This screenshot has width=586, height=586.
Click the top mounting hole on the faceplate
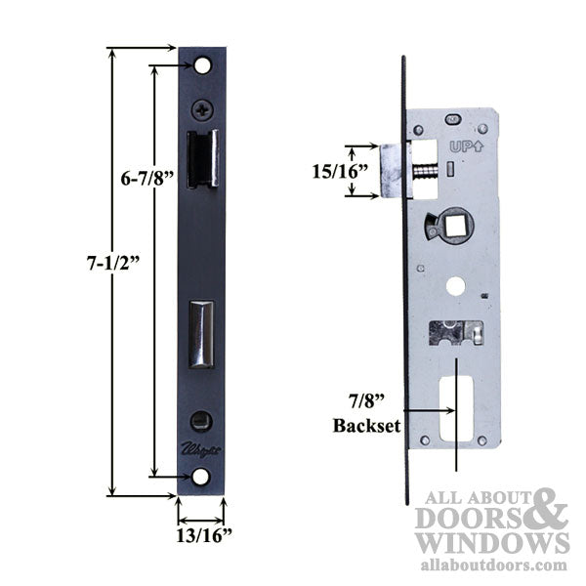(x=201, y=65)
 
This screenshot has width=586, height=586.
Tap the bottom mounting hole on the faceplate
(x=201, y=476)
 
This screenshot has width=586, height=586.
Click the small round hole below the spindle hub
(x=456, y=286)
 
